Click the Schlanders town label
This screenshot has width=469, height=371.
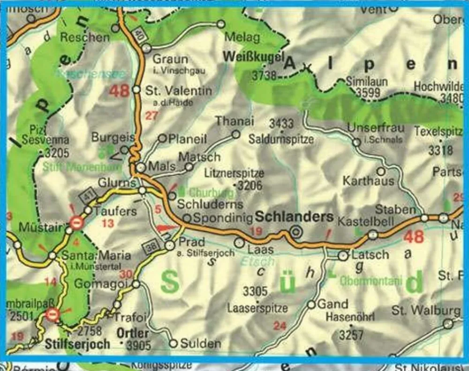pyautogui.click(x=294, y=217)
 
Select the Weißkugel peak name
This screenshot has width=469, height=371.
pyautogui.click(x=254, y=57)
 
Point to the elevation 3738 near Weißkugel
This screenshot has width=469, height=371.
pyautogui.click(x=264, y=75)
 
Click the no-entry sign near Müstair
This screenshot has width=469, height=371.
pyautogui.click(x=77, y=222)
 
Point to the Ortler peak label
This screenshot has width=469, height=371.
pyautogui.click(x=134, y=333)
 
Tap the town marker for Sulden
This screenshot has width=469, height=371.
pyautogui.click(x=173, y=343)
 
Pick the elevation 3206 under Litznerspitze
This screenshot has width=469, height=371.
pyautogui.click(x=250, y=186)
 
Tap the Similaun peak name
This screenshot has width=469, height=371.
pyautogui.click(x=367, y=81)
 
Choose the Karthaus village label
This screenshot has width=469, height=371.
pyautogui.click(x=369, y=181)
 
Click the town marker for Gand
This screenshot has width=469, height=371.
pyautogui.click(x=311, y=305)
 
